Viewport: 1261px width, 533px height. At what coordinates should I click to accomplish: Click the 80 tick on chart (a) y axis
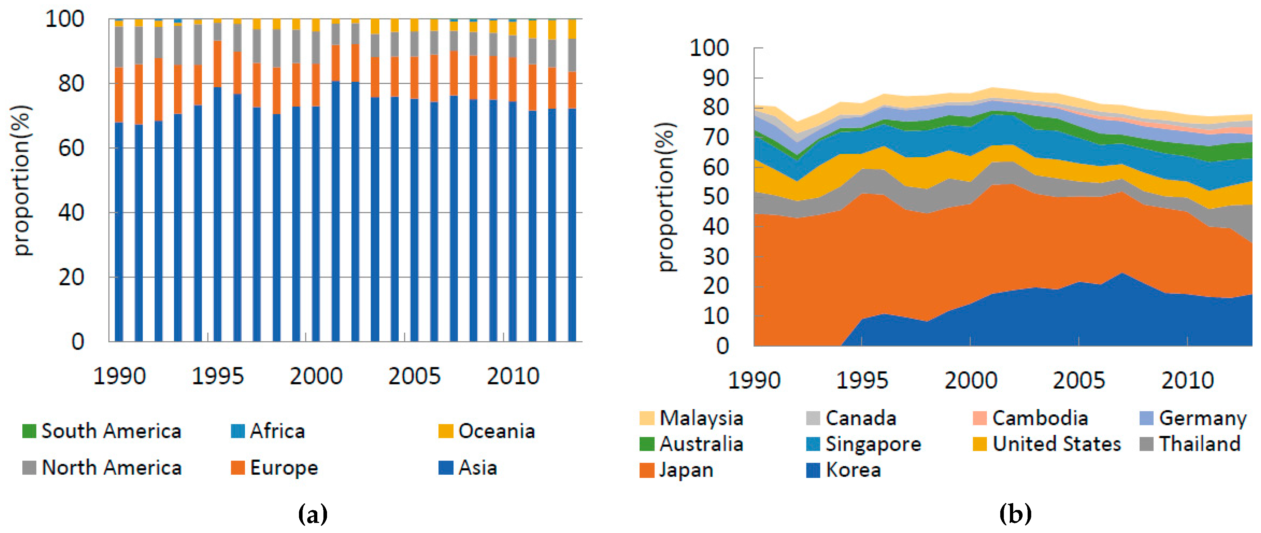[x=71, y=84]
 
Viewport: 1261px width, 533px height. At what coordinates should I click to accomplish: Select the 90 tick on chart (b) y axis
[x=715, y=78]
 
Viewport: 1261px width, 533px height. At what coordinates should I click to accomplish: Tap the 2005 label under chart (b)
[x=1078, y=381]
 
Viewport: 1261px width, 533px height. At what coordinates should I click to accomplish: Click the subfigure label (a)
[x=312, y=514]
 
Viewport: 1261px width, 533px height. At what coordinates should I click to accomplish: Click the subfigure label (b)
[x=1015, y=514]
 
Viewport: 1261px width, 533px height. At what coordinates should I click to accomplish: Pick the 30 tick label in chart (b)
[x=715, y=257]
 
